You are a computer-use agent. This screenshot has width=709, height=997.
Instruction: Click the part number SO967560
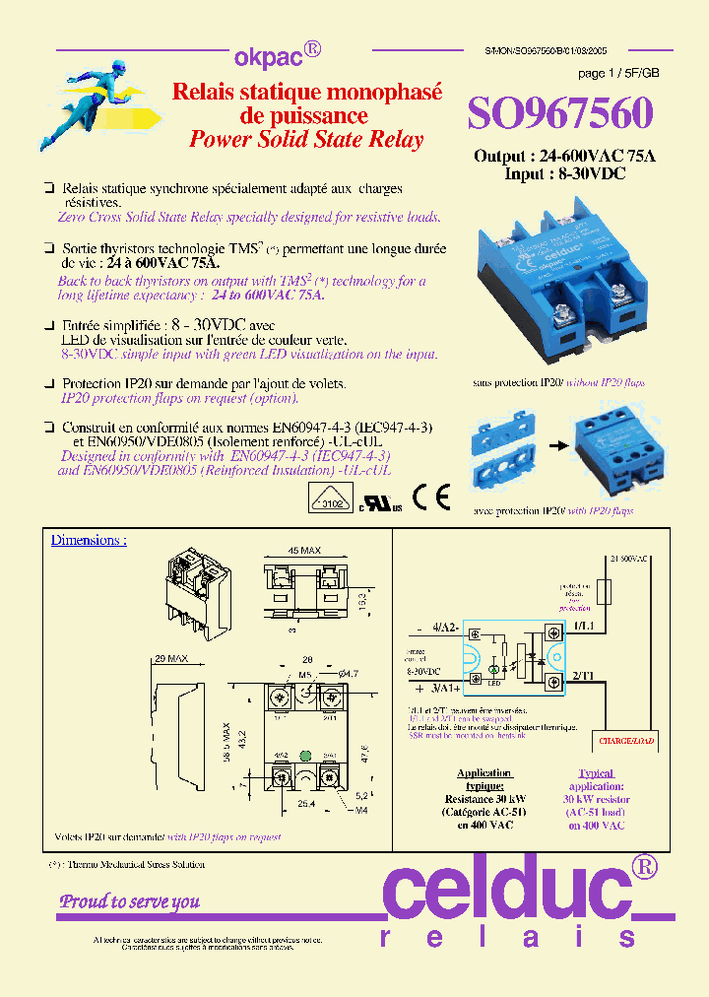[x=559, y=114]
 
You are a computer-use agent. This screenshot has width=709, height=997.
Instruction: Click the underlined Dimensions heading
[x=89, y=540]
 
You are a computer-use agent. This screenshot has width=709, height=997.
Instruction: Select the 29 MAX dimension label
[x=171, y=658]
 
